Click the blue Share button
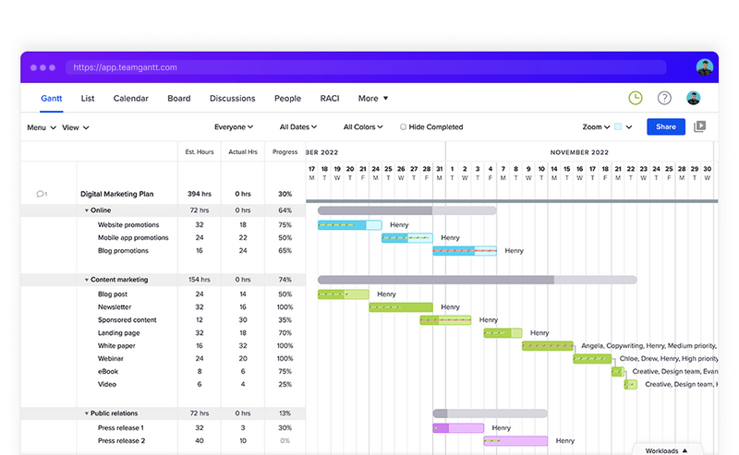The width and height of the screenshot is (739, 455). point(665,126)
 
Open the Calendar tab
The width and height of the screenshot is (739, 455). point(130,99)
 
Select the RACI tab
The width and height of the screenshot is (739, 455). point(330,99)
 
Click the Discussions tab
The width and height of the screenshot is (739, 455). point(232,99)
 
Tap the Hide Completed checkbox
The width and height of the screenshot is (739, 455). point(404,127)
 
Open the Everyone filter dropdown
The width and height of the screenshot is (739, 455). point(233,127)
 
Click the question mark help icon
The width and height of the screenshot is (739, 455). point(664,98)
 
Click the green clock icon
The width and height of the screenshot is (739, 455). point(636,98)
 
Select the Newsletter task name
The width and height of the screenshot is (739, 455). point(115,307)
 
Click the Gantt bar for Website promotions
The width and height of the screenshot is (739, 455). point(349,225)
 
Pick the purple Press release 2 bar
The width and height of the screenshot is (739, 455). point(515,441)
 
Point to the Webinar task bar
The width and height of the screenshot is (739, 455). point(591,359)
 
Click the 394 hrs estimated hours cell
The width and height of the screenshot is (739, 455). point(199,195)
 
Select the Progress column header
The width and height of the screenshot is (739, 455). point(285,152)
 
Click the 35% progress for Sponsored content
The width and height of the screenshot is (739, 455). point(285,320)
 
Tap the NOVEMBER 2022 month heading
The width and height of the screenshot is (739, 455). point(579,152)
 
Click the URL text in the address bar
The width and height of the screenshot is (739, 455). point(125,67)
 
